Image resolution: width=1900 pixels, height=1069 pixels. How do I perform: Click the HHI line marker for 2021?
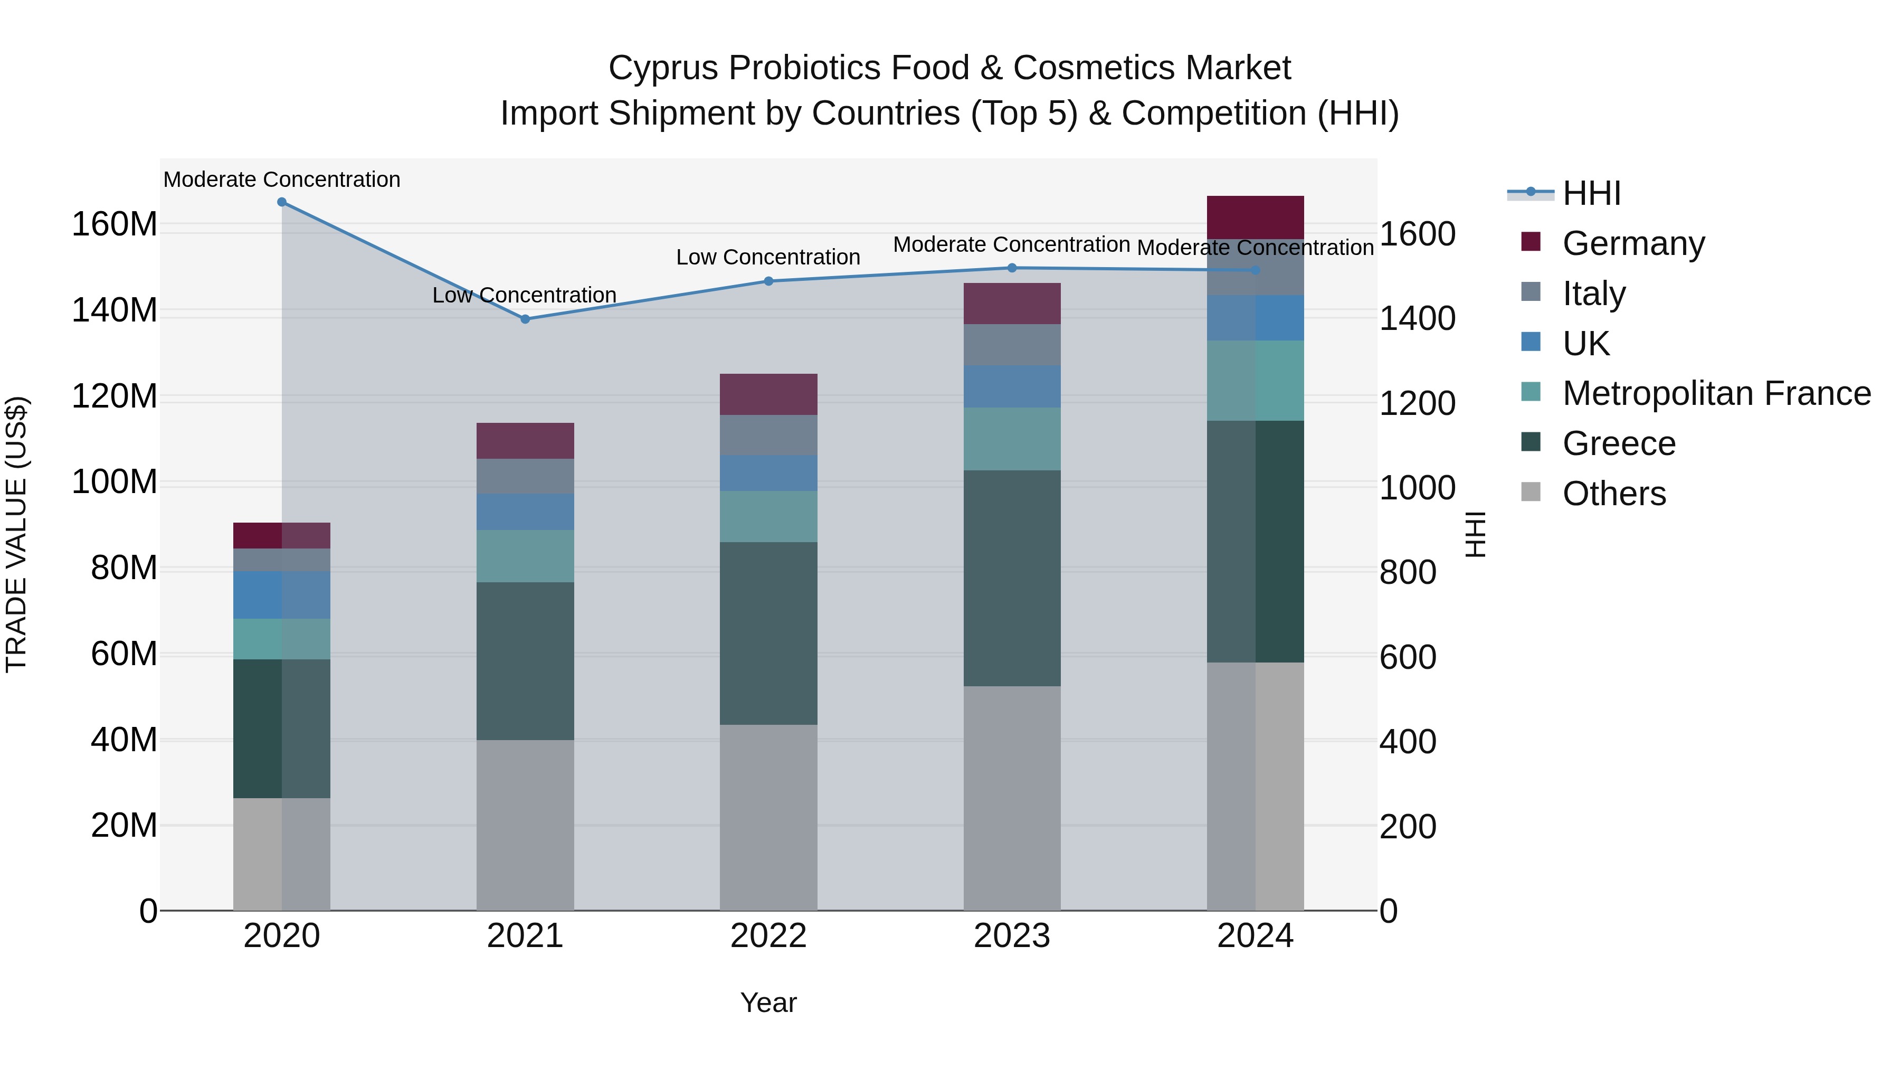pyautogui.click(x=525, y=319)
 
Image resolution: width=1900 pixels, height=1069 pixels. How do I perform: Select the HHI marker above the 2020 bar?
pyautogui.click(x=282, y=202)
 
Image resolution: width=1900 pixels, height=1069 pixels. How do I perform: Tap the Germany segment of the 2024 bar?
pyautogui.click(x=1256, y=217)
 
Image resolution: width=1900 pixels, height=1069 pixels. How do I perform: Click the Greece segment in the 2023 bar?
pyautogui.click(x=1012, y=579)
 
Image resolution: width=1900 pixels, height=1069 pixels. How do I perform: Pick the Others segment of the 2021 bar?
pyautogui.click(x=525, y=825)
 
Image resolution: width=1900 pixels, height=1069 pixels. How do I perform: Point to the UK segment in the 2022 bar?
pyautogui.click(x=768, y=474)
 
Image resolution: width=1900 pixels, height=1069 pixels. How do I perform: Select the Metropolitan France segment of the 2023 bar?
pyautogui.click(x=1012, y=439)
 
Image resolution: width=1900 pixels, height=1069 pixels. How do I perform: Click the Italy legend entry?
pyautogui.click(x=1593, y=294)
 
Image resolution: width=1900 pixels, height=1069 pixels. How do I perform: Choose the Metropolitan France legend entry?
pyautogui.click(x=1716, y=393)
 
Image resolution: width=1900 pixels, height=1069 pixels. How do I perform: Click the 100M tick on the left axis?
pyautogui.click(x=115, y=483)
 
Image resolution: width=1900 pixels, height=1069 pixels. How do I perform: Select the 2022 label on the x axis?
pyautogui.click(x=768, y=936)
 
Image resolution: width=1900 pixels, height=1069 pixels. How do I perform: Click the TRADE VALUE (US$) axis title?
pyautogui.click(x=16, y=534)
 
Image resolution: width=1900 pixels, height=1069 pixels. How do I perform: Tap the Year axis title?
pyautogui.click(x=768, y=1002)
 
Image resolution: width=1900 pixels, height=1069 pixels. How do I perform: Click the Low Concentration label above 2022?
pyautogui.click(x=768, y=258)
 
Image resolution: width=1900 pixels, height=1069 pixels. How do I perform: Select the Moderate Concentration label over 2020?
pyautogui.click(x=282, y=180)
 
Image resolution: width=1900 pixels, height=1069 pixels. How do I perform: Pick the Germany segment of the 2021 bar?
pyautogui.click(x=525, y=441)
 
